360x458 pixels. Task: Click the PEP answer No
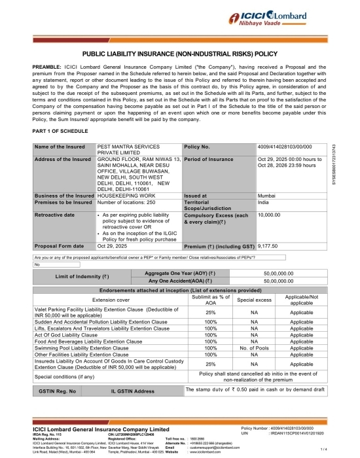click(37, 264)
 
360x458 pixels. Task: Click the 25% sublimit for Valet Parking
click(211, 312)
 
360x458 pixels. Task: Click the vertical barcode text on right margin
click(351, 163)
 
